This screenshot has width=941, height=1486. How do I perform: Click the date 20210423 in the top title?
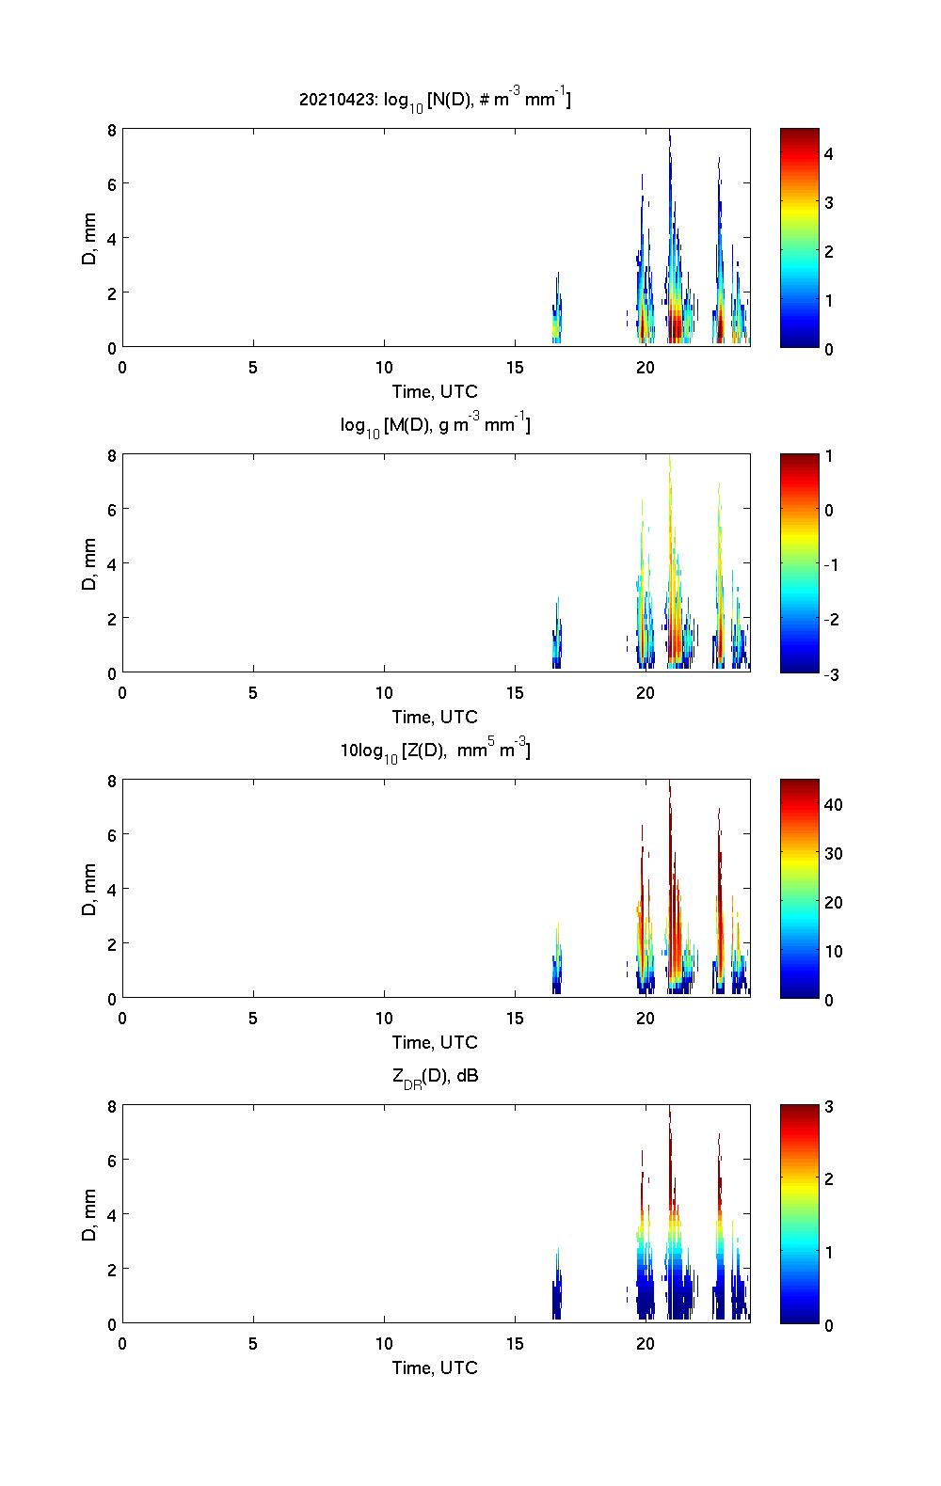[336, 100]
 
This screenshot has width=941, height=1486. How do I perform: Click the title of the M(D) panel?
[435, 426]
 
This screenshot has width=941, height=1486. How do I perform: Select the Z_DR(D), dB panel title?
[435, 1077]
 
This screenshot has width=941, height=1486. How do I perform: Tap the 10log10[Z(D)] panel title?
[435, 751]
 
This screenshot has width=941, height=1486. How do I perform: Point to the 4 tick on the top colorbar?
[829, 153]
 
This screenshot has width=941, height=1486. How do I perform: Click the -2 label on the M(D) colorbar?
[831, 619]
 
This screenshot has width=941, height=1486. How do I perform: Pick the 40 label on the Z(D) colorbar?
[833, 804]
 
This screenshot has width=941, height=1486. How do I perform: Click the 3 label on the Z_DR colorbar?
[829, 1107]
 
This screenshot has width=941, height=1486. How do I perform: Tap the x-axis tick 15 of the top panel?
[515, 367]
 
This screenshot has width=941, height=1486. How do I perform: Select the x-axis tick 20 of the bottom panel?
[646, 1343]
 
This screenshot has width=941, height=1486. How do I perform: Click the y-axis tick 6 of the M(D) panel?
[110, 509]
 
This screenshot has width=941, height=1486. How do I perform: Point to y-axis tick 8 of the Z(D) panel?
[110, 780]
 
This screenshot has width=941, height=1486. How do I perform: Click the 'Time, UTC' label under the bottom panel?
[435, 1367]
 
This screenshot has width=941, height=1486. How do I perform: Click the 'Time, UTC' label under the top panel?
[435, 391]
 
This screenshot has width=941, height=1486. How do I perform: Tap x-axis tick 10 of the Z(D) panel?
[384, 1018]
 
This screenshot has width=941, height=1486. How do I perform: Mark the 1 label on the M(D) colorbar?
[829, 456]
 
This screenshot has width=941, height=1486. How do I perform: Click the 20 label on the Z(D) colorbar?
[833, 902]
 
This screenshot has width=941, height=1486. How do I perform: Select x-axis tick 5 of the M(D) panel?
[253, 692]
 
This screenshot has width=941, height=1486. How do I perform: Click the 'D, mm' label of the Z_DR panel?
[89, 1214]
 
